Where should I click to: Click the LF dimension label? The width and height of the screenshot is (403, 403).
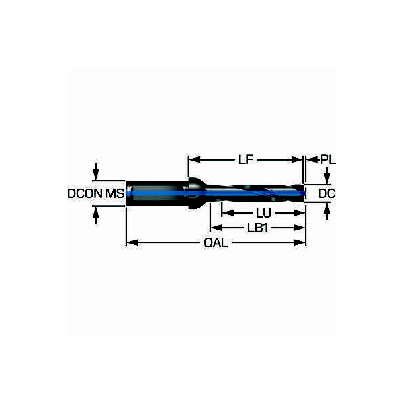pyautogui.click(x=246, y=160)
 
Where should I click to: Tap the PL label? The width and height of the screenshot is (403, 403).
pyautogui.click(x=328, y=160)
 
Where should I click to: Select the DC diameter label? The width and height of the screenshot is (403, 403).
pyautogui.click(x=326, y=194)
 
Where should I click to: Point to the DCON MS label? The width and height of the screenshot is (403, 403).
pyautogui.click(x=96, y=193)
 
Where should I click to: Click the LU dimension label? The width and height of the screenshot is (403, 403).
pyautogui.click(x=263, y=213)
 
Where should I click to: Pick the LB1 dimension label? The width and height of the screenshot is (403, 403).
pyautogui.click(x=258, y=228)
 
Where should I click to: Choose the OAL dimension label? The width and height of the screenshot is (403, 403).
pyautogui.click(x=216, y=243)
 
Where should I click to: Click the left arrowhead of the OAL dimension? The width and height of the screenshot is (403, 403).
pyautogui.click(x=132, y=242)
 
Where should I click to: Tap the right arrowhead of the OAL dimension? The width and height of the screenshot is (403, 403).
pyautogui.click(x=299, y=242)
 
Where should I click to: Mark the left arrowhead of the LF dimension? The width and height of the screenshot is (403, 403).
pyautogui.click(x=195, y=160)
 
